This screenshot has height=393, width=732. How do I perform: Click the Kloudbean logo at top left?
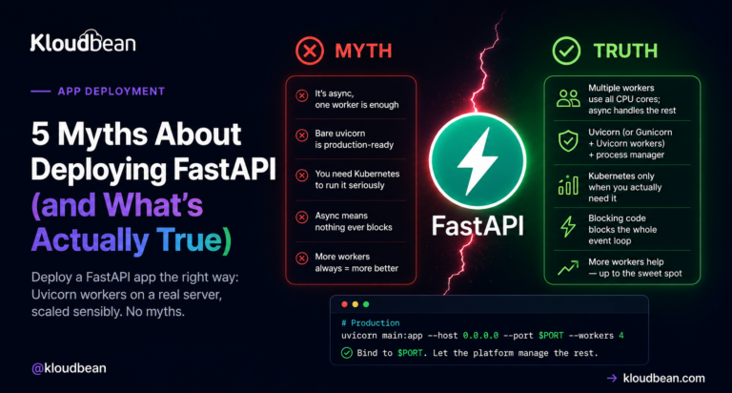click(x=83, y=41)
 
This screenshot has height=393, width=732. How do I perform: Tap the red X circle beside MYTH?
click(x=310, y=51)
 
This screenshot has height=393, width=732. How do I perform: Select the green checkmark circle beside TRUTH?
click(x=566, y=51)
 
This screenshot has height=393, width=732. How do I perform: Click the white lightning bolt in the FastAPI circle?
click(x=478, y=161)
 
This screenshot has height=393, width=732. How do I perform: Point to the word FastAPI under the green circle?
click(x=478, y=226)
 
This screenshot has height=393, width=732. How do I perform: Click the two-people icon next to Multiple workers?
click(x=568, y=98)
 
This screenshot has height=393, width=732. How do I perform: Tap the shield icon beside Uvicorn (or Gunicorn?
click(x=568, y=141)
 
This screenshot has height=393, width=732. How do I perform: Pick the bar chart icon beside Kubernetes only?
click(x=568, y=185)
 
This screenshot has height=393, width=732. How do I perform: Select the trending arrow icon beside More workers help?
click(x=568, y=267)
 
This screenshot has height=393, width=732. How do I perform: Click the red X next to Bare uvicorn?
click(x=302, y=135)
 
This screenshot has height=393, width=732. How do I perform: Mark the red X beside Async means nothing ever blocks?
click(x=302, y=217)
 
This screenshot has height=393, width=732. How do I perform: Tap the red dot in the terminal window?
click(x=344, y=304)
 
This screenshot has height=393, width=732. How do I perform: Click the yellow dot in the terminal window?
click(x=356, y=304)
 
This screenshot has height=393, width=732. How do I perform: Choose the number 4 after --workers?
click(x=621, y=336)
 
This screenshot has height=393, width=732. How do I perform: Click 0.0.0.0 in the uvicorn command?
click(x=480, y=336)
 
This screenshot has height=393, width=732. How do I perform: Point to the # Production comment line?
click(x=370, y=323)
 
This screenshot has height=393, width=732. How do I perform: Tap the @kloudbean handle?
click(x=69, y=368)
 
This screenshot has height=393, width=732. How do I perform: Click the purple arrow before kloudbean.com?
click(x=612, y=378)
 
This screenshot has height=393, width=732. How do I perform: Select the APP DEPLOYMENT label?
click(x=112, y=92)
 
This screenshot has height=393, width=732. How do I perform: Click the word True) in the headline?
click(x=193, y=239)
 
